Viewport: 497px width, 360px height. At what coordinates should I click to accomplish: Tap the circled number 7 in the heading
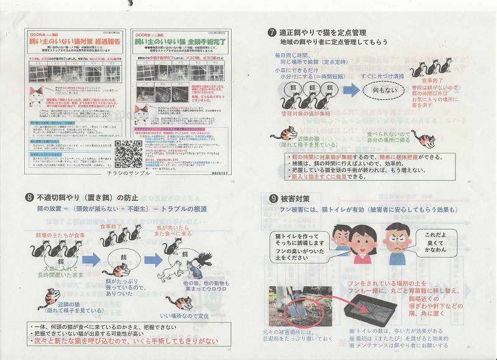[272, 32]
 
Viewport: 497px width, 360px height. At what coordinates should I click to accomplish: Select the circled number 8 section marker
[29, 198]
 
